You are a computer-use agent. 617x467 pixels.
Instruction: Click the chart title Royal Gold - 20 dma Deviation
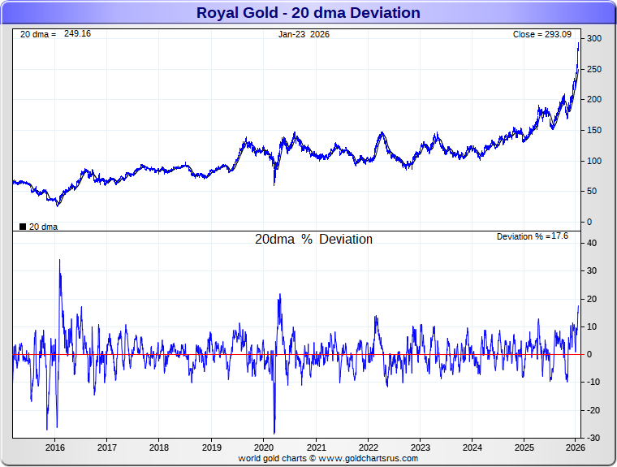pyautogui.click(x=308, y=13)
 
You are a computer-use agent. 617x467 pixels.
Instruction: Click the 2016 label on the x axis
pyautogui.click(x=55, y=448)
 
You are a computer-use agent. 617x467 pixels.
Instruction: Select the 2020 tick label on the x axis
pyautogui.click(x=264, y=448)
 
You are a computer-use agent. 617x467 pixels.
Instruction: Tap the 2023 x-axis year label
pyautogui.click(x=421, y=448)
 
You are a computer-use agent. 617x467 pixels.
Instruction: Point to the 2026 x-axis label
pyautogui.click(x=575, y=448)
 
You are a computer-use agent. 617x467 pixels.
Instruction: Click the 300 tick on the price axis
pyautogui.click(x=594, y=39)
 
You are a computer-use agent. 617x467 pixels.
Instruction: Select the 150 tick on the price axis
pyautogui.click(x=594, y=130)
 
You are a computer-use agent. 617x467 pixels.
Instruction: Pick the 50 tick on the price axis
pyautogui.click(x=594, y=191)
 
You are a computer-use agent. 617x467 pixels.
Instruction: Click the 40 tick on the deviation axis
pyautogui.click(x=593, y=243)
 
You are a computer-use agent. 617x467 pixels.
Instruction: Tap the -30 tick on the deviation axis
pyautogui.click(x=593, y=439)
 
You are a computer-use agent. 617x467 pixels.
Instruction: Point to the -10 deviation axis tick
pyautogui.click(x=593, y=383)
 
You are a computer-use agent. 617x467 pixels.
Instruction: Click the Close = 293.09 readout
pyautogui.click(x=542, y=35)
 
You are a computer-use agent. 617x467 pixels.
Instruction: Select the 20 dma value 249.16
pyautogui.click(x=78, y=35)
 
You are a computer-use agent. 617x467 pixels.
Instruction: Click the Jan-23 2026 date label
pyautogui.click(x=304, y=35)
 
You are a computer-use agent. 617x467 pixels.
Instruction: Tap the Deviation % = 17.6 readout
pyautogui.click(x=533, y=236)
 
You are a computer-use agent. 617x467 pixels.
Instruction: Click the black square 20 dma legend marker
pyautogui.click(x=23, y=227)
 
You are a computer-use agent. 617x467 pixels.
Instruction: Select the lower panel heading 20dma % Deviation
pyautogui.click(x=313, y=240)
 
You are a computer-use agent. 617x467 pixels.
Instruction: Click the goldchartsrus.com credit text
pyautogui.click(x=328, y=458)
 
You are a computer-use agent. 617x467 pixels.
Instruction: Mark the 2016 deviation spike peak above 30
pyautogui.click(x=59, y=261)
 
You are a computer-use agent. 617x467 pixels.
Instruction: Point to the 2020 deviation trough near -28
pyautogui.click(x=274, y=432)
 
